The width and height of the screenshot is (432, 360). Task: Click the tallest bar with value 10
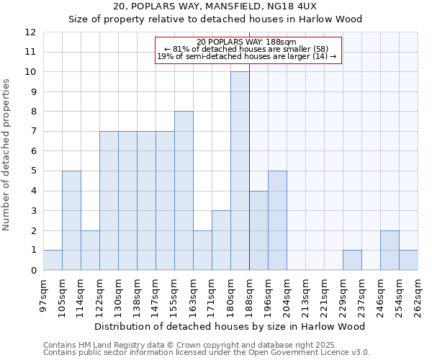coord(240,171)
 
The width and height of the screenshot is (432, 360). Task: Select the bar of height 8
coord(184,191)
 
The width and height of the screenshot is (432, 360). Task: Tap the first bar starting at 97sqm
coord(53,260)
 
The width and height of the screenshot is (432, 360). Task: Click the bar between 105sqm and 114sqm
coord(71,220)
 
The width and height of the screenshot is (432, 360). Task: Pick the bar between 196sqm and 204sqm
coord(277,220)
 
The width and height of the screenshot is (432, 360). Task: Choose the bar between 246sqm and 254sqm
coord(390,251)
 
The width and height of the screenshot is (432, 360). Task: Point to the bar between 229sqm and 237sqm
coord(352,260)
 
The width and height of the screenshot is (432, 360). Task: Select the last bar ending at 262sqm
coord(408,260)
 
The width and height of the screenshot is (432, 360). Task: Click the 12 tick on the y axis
coord(30,32)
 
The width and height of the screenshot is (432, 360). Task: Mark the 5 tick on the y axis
coord(33,171)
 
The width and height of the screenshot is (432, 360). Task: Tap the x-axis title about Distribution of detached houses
coord(230,326)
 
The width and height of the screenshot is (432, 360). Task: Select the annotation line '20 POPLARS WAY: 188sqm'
coord(246,42)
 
